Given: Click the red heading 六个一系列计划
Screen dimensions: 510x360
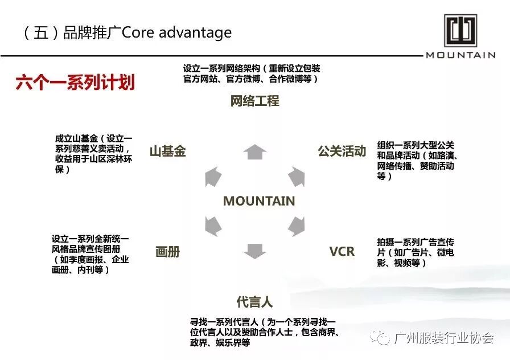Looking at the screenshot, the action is [75, 83].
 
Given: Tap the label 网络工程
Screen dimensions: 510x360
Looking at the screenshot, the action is [255, 101].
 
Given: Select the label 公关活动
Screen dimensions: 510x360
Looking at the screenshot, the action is [342, 152].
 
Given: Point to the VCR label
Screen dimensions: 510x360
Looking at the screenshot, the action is [342, 251].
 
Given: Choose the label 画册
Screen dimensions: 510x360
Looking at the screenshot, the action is [168, 252].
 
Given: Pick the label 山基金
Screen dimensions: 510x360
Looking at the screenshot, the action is [168, 152].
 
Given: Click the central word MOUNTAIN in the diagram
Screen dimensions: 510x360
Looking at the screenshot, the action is [259, 201].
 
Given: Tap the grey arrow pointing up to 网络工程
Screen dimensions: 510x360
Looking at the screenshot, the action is [255, 152].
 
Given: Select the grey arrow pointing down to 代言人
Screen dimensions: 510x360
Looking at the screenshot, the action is [255, 251].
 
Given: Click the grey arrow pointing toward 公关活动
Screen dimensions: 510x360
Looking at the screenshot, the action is [297, 177].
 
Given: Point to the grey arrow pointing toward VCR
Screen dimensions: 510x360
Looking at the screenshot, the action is [297, 226].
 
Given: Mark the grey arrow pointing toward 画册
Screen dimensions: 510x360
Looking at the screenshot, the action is [213, 226].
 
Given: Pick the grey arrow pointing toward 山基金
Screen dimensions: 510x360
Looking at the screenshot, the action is [213, 177].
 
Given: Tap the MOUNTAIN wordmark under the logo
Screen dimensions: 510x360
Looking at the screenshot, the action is [460, 55].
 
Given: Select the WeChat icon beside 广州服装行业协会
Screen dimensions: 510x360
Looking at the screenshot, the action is [380, 338].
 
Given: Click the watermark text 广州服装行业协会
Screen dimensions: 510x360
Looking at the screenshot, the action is [444, 338].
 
